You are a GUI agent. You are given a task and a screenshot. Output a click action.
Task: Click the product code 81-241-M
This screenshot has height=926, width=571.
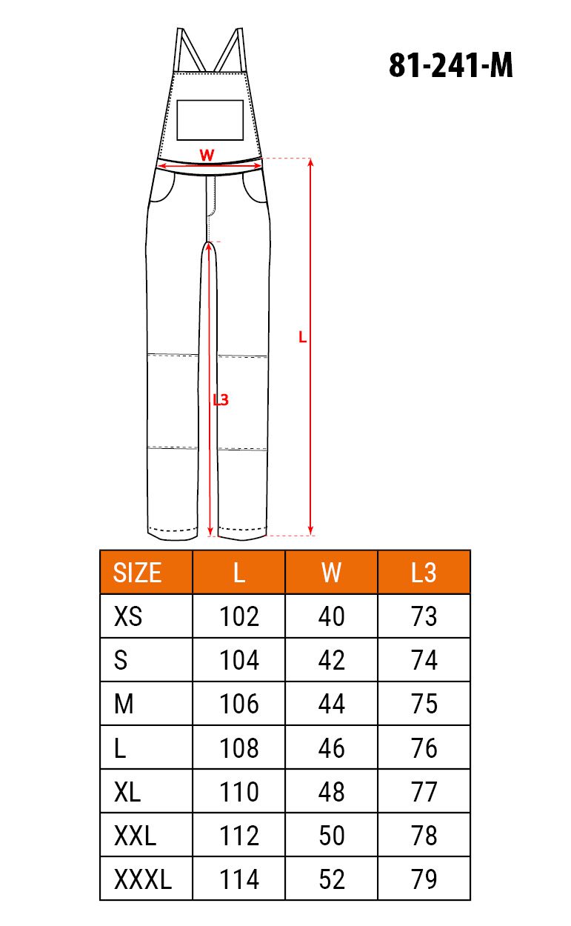coord(450,65)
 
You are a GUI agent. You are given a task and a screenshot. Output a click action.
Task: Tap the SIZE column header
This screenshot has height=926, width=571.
coord(137,573)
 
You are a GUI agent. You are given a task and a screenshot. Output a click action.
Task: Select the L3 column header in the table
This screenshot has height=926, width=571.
coord(424,573)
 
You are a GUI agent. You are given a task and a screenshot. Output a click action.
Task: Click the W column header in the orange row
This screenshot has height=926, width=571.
coord(331,573)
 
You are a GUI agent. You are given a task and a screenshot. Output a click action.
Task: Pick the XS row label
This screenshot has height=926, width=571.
coord(128,616)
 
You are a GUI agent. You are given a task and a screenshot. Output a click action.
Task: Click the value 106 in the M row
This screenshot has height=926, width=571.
coord(239,704)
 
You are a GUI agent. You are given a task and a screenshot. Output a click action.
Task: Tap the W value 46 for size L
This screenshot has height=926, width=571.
coord(331,747)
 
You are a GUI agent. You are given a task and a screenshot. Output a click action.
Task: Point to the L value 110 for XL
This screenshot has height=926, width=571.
coord(239,792)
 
